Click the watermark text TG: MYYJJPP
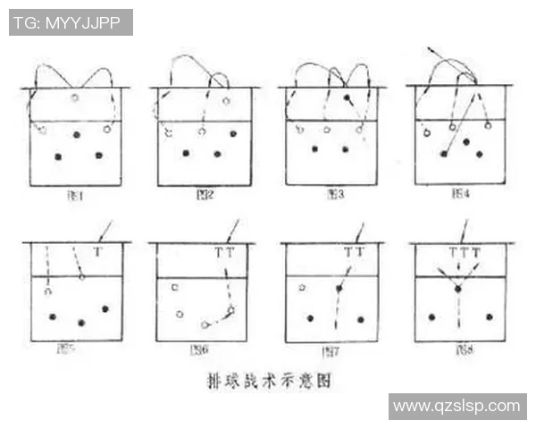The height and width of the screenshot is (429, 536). pos(71,22)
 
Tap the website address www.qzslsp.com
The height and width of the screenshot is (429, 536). pos(456,406)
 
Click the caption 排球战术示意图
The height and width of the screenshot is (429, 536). pos(267,380)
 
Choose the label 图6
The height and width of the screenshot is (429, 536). pos(199,349)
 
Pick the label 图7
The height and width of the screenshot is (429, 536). pos(330,349)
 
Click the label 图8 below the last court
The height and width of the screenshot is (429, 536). pos(461,349)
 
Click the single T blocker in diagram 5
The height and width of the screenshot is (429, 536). pos(97,253)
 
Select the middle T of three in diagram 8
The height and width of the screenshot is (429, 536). pos(464,253)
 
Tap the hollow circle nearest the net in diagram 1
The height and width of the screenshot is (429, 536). pos(75,97)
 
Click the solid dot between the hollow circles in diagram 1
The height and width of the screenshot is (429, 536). pos(76,135)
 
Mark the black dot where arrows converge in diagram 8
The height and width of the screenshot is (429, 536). pos(457,289)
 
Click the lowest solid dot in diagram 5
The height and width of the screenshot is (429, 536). pos(81,323)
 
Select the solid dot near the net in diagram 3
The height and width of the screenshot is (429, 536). pos(347,97)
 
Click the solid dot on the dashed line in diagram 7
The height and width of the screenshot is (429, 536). pos(339,289)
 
